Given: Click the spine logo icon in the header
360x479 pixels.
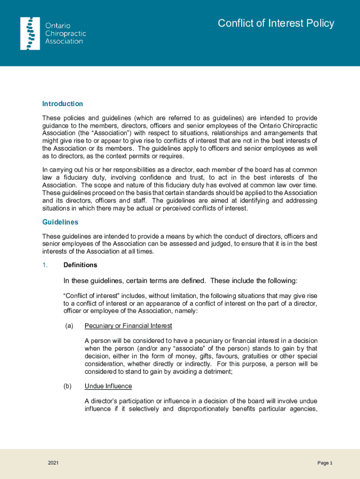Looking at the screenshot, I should click(30, 33).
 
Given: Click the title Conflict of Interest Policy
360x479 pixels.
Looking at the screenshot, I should click(276, 23).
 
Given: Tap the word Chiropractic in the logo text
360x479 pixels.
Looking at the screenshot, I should click(65, 34).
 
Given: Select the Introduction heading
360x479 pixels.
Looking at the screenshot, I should click(63, 104).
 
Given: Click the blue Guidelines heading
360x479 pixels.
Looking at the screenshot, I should click(60, 222).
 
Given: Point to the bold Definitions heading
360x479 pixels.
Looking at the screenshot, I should click(80, 265).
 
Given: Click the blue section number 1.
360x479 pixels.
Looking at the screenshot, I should click(45, 265).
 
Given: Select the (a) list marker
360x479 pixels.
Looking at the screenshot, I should click(69, 326).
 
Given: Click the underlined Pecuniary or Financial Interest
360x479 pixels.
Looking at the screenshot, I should click(128, 326).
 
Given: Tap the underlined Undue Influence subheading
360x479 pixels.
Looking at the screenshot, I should click(108, 386).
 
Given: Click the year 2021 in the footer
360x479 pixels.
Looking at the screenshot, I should click(53, 463).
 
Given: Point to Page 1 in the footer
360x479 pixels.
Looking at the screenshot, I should click(324, 463).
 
